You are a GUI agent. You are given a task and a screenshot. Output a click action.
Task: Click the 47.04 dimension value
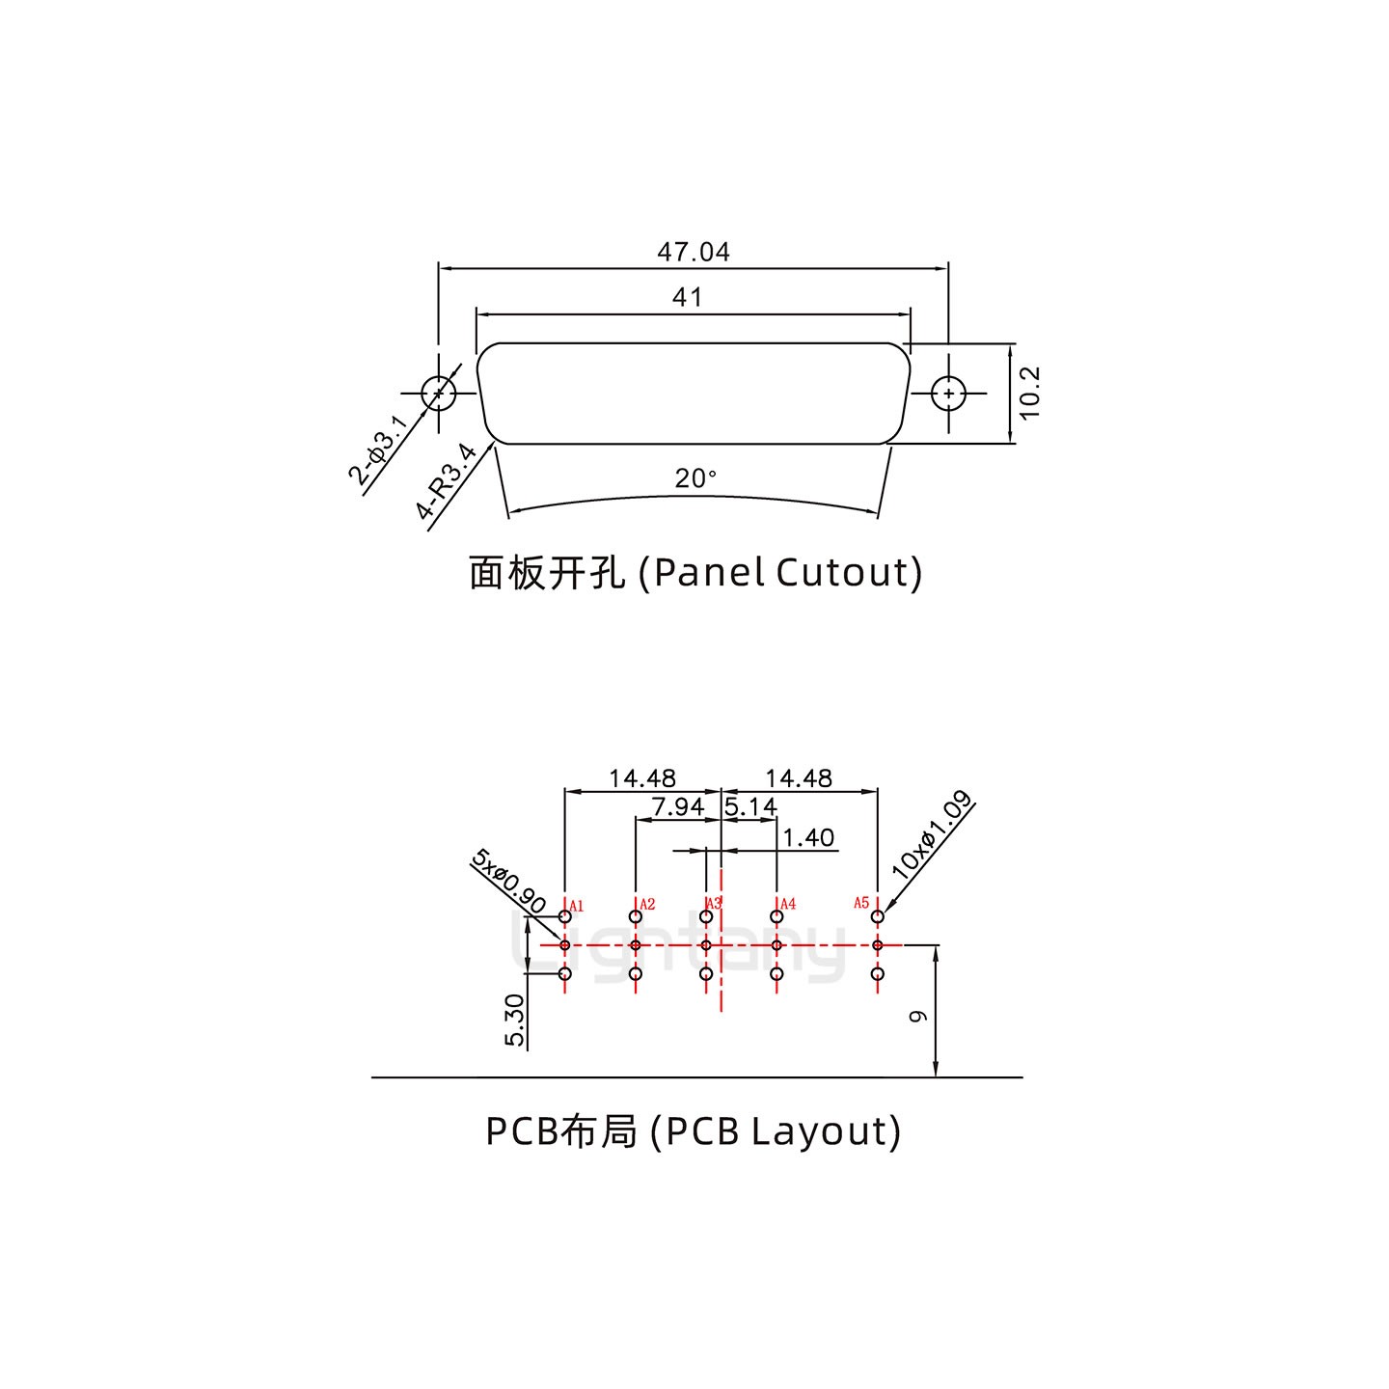coord(694,253)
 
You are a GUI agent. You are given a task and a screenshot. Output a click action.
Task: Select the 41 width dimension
coord(688,298)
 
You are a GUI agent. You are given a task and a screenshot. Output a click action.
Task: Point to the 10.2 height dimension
coord(1030,393)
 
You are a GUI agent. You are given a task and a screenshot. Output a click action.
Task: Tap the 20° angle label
coord(695,478)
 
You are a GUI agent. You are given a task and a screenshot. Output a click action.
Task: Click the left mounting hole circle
coord(439,394)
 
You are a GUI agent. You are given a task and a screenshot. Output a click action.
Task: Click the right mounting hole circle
coord(950,394)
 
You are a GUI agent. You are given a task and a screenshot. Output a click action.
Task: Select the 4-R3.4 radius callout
coord(448,482)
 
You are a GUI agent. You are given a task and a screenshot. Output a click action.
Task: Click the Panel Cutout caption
coord(695,573)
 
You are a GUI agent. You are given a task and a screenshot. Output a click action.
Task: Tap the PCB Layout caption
coord(694,1130)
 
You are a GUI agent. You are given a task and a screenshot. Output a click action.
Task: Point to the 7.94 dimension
coord(678,806)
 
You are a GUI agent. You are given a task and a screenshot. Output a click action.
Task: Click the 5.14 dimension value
coord(750,806)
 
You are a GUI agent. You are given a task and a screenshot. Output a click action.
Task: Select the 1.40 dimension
coord(808,837)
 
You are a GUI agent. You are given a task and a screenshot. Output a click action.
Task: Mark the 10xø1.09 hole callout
coord(930,834)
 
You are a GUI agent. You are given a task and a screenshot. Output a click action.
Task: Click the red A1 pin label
coord(577,906)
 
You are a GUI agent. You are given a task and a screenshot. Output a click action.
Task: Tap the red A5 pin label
coord(861,903)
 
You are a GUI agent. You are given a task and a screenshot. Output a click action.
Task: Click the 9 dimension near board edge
coord(919,1016)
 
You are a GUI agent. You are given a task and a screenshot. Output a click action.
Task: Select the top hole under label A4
coord(776,916)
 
